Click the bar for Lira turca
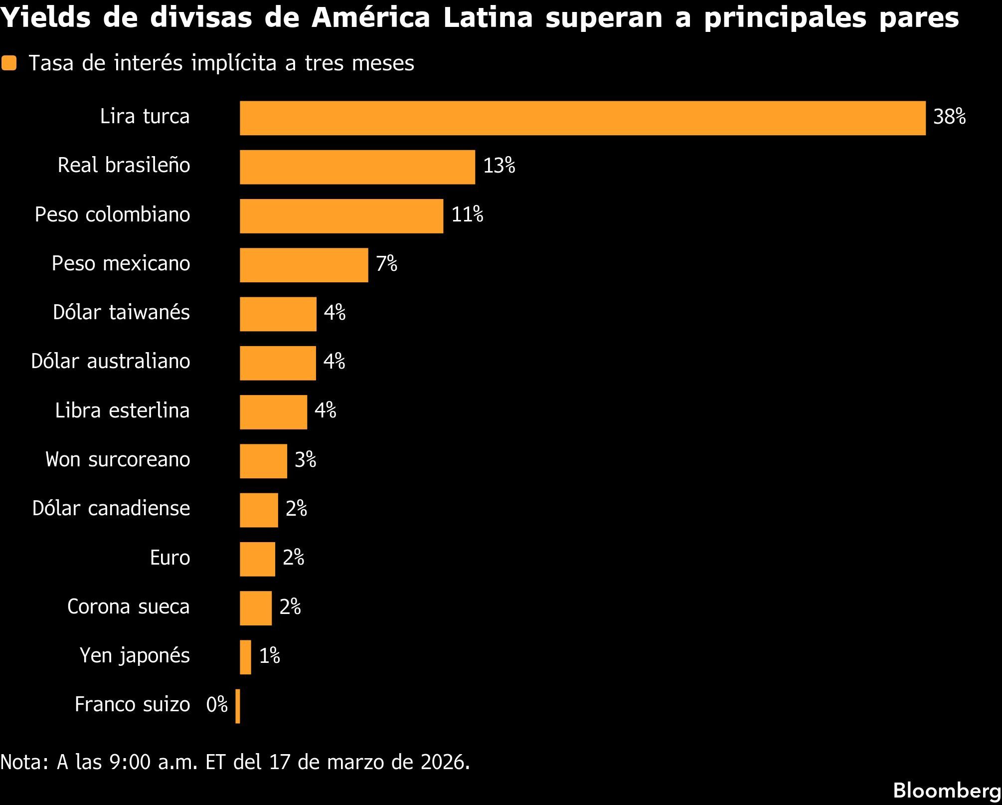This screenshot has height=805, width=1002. (582, 118)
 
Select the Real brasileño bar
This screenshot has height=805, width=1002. (357, 167)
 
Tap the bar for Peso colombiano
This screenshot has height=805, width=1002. (341, 216)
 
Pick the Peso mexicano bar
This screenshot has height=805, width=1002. (304, 265)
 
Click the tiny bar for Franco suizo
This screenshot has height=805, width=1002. (238, 706)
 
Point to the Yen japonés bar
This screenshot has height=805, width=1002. (245, 657)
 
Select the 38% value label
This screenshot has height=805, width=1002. (949, 117)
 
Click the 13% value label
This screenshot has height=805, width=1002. (499, 166)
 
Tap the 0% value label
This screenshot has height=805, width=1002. (217, 705)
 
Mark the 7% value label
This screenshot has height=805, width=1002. (386, 264)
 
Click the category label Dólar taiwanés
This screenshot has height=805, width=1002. (121, 313)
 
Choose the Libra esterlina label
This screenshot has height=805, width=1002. (122, 411)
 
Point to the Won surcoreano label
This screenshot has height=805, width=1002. (118, 459)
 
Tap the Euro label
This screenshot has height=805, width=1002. (169, 558)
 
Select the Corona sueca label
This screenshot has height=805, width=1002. (128, 607)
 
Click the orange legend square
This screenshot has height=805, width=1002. (9, 63)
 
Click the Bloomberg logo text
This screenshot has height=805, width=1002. (947, 791)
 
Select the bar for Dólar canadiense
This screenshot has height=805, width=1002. (259, 510)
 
